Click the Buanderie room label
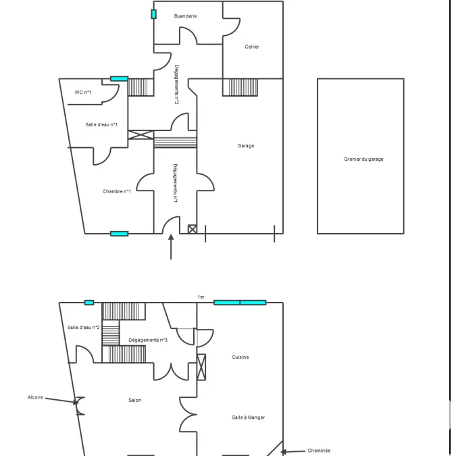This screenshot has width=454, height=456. [185, 16]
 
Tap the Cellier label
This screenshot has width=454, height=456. [252, 47]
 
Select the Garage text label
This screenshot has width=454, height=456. [246, 146]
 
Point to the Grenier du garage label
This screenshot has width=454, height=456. [363, 159]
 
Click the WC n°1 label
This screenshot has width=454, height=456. [83, 92]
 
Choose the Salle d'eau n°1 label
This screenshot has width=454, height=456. [101, 124]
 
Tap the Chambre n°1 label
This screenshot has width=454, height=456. [117, 191]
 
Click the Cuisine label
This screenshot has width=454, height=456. [241, 357]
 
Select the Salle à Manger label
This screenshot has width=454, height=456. [249, 417]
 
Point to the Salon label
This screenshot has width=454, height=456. [135, 400]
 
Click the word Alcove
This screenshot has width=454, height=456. [35, 397]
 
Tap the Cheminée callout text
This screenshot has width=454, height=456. [319, 451]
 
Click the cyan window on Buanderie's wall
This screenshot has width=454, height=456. [153, 14]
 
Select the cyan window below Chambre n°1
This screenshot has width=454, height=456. [120, 234]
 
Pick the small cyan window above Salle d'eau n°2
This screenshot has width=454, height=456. [89, 303]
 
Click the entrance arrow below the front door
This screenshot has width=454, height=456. [171, 247]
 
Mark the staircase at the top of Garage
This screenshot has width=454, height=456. [240, 87]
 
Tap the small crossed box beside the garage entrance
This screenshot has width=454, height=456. [193, 229]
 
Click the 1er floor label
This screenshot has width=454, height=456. [201, 297]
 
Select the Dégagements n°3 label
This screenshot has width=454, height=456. [148, 340]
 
